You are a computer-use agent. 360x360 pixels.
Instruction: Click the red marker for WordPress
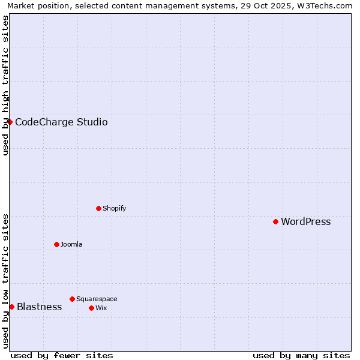(275, 221)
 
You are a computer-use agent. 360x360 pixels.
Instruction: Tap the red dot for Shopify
(98, 208)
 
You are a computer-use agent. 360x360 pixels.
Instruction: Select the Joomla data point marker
(56, 244)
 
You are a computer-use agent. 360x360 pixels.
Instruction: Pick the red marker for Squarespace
(72, 299)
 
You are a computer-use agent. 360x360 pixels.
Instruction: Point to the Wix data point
(91, 308)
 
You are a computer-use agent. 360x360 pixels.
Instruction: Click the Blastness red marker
(11, 307)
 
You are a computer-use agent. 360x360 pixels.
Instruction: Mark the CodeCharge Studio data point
(10, 122)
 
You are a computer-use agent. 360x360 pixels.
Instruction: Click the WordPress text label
(305, 222)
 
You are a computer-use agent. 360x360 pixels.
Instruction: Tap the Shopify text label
(114, 209)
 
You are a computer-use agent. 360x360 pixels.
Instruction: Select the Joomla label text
(71, 245)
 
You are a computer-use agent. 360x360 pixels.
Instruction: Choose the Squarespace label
(97, 299)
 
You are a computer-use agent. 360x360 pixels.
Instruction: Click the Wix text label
(101, 308)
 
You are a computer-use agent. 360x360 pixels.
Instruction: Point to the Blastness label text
(39, 307)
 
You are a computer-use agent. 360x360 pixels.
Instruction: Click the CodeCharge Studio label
(61, 122)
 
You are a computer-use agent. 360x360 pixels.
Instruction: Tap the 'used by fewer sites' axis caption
(62, 355)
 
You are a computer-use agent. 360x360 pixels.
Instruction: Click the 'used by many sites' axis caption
(301, 355)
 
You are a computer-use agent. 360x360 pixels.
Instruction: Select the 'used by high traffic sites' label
(5, 85)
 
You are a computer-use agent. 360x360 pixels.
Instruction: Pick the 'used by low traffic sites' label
(5, 281)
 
